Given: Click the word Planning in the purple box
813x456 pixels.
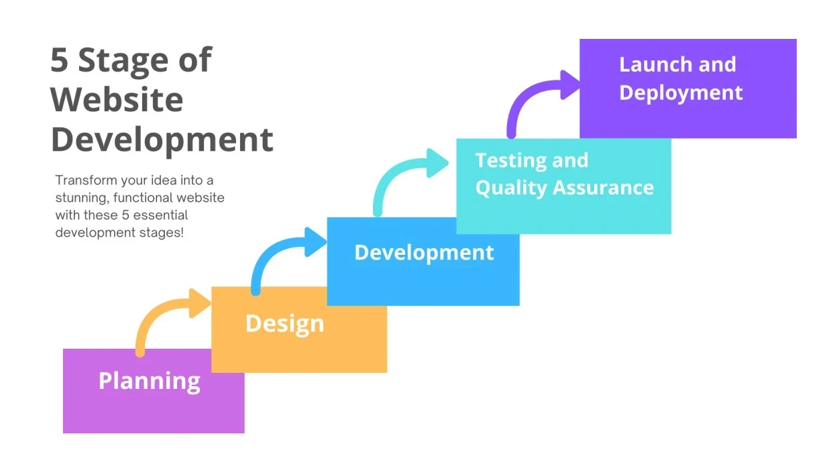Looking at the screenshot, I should click(149, 381).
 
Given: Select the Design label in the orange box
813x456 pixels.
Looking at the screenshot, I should click(284, 323).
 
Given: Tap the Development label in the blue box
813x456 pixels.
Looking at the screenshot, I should click(424, 253).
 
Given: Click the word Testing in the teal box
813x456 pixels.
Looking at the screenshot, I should click(503, 161).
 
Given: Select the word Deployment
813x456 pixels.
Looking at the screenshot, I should click(681, 93).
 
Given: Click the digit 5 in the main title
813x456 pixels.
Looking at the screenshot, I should click(60, 60).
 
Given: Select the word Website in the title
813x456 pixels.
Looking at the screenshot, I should click(117, 100).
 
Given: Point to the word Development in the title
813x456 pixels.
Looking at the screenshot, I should click(162, 139).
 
